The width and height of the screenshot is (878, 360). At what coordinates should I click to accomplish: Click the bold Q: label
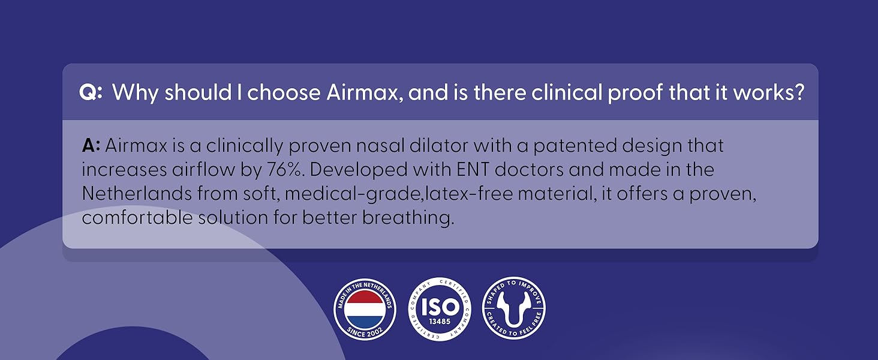coord(91,93)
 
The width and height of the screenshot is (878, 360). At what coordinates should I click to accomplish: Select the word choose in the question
coord(284,93)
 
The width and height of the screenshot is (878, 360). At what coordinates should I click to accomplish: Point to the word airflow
coord(200,170)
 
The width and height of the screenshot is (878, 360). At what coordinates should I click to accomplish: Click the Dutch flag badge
coord(365,308)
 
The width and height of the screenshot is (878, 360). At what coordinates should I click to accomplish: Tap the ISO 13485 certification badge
coord(440,308)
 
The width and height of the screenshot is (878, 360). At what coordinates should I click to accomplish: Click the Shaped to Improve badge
coord(514,308)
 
